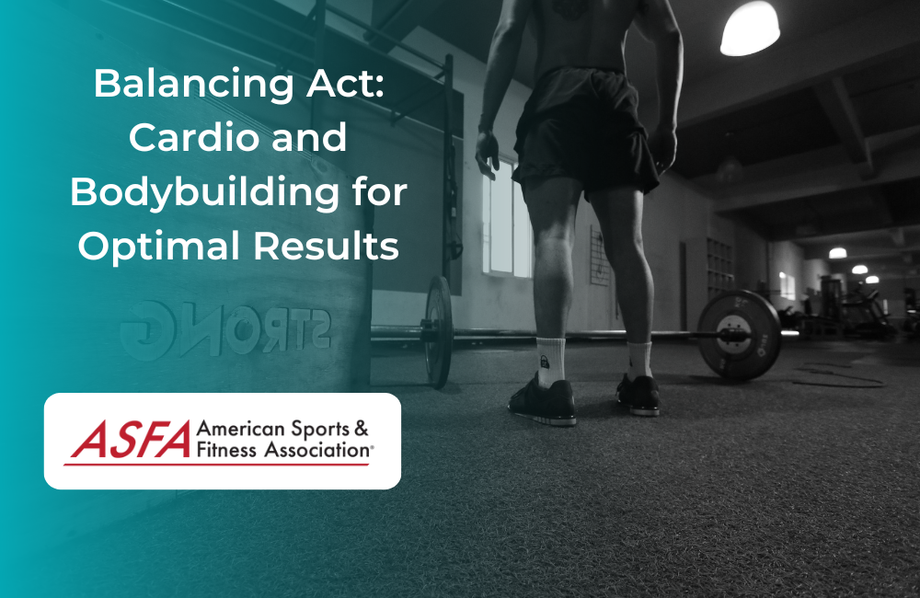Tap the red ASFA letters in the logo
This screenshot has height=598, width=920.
click(x=129, y=440)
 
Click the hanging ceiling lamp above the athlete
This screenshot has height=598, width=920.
click(x=749, y=28)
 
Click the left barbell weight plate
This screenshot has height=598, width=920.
click(x=439, y=331)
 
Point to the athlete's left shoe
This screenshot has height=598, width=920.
click(x=543, y=399)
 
